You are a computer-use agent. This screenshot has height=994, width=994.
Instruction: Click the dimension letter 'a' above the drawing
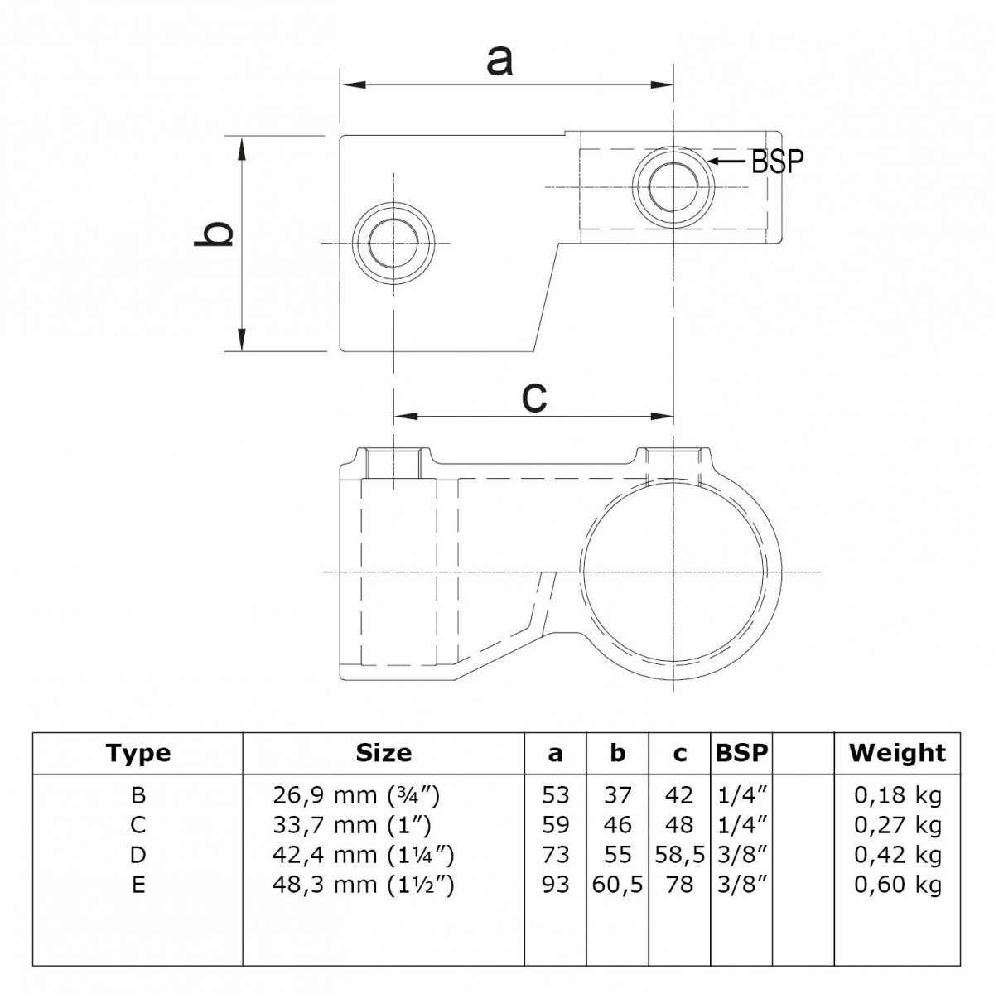[x=499, y=60]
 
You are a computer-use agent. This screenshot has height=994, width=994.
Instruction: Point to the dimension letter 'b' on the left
[x=214, y=234]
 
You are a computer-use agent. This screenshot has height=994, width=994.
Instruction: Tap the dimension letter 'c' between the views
[x=534, y=398]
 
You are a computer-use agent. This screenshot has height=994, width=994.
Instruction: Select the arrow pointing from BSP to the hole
[x=727, y=161]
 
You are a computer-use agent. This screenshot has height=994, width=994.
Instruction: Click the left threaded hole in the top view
[x=393, y=243]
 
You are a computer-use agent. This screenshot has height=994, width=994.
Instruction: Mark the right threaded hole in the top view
[x=673, y=186]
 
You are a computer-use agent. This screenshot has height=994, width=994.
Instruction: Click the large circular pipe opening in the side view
[x=673, y=572]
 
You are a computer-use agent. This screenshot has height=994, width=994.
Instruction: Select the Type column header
[x=138, y=754]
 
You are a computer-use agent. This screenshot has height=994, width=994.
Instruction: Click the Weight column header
[x=897, y=753]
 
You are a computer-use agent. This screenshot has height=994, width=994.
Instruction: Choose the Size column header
[x=384, y=754]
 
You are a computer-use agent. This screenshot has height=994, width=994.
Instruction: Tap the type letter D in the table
[x=138, y=855]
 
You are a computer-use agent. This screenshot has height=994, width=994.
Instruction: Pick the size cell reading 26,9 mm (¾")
[x=356, y=796]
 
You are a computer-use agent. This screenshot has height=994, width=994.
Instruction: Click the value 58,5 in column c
[x=679, y=856]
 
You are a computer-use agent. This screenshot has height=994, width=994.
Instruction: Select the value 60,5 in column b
[x=617, y=885]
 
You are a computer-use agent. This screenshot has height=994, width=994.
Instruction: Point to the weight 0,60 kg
[x=898, y=885]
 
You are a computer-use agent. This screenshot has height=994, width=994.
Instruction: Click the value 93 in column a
[x=555, y=885]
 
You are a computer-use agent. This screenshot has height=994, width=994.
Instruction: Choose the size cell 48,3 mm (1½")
[x=363, y=885]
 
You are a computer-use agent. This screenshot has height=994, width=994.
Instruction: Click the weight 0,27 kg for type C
[x=898, y=826]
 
